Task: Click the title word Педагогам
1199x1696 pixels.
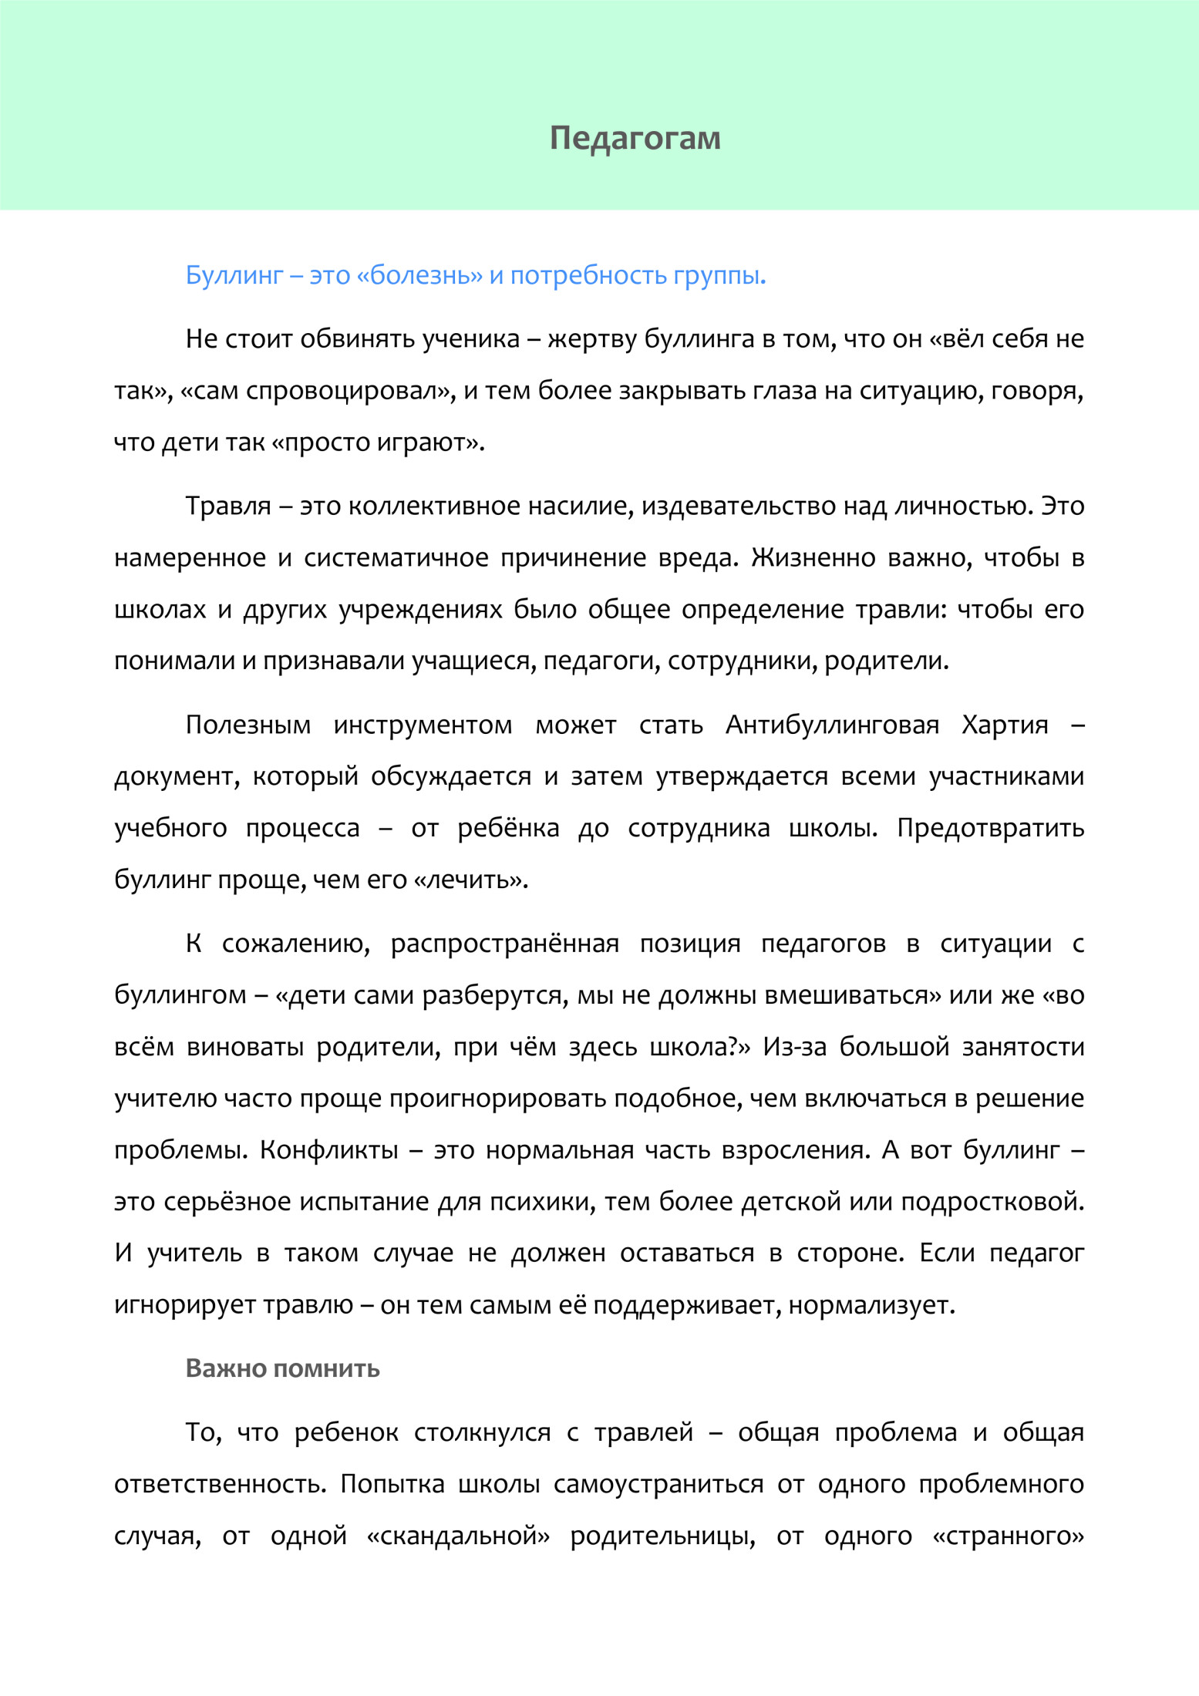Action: (635, 139)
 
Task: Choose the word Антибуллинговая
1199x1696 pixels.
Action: (832, 725)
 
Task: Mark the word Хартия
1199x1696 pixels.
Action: (1005, 725)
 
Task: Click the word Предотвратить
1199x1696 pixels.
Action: (990, 828)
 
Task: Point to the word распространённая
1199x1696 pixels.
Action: (504, 944)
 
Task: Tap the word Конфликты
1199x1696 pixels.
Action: (328, 1149)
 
